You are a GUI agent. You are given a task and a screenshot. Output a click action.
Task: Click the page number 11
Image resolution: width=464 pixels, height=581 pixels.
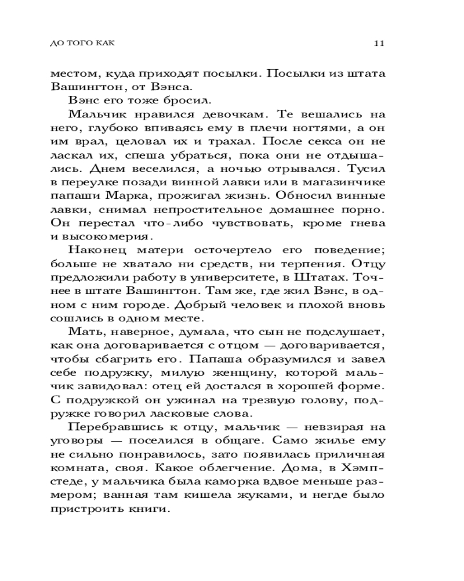point(380,43)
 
